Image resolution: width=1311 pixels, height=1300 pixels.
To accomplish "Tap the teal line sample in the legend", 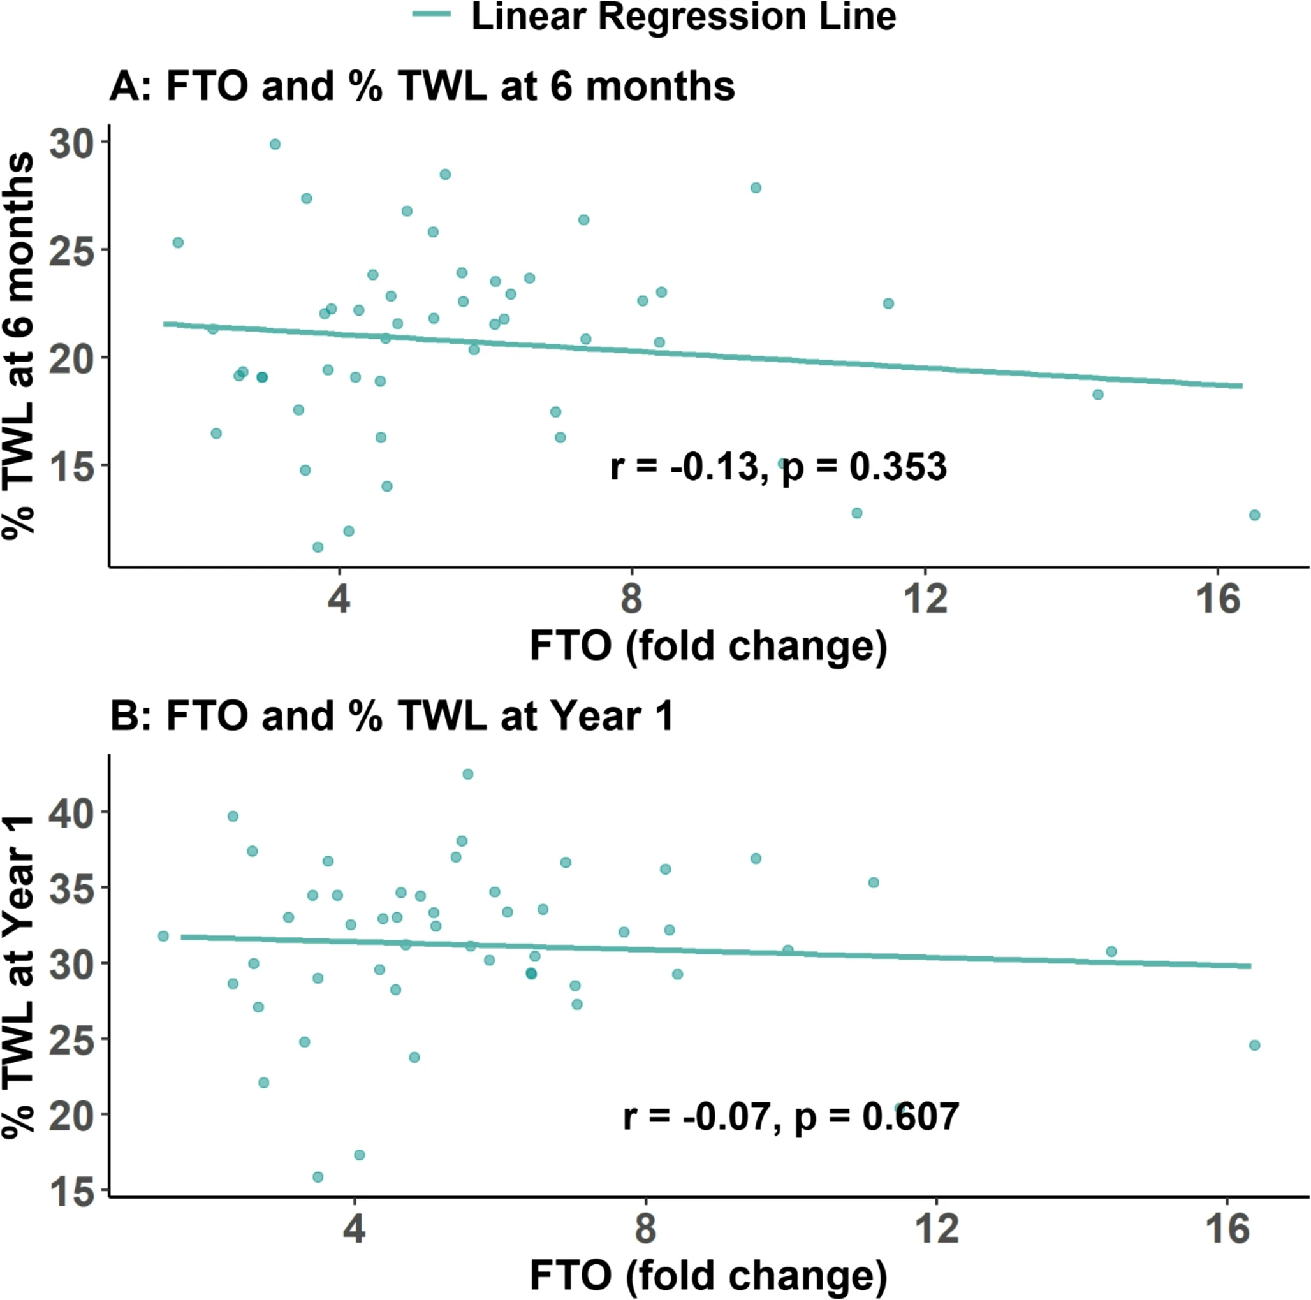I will coord(432,14).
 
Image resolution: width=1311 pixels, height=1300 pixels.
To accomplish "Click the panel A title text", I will coord(422,87).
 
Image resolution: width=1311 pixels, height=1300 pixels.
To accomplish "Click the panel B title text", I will coord(392,716).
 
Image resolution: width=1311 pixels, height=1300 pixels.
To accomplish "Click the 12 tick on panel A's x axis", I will coord(926,599).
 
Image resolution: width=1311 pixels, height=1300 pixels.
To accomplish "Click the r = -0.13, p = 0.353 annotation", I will coord(778,467).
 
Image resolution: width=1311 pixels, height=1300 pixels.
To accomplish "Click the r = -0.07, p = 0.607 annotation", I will coord(791,1116).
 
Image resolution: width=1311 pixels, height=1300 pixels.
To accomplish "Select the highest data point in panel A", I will coord(275,144).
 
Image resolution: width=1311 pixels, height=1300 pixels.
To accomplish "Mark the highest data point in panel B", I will coord(467,774).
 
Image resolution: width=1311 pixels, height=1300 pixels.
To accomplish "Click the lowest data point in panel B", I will coord(318,1176).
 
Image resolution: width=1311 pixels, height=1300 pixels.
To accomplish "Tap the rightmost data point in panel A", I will coord(1255,515).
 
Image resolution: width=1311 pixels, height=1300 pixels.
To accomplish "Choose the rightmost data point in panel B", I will coord(1255,1046).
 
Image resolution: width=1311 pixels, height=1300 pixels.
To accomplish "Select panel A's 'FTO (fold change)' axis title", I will coord(708,645).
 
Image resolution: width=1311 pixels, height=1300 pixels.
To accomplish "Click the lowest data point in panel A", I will coord(318,547).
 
